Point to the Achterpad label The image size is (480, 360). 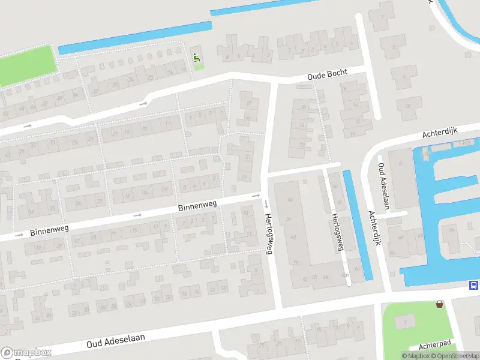[x=435, y=344]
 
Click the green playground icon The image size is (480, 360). [x=197, y=58]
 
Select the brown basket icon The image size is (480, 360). [x=440, y=304]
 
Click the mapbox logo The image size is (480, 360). [x=26, y=352]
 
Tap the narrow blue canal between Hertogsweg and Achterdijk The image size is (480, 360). [x=357, y=225]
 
